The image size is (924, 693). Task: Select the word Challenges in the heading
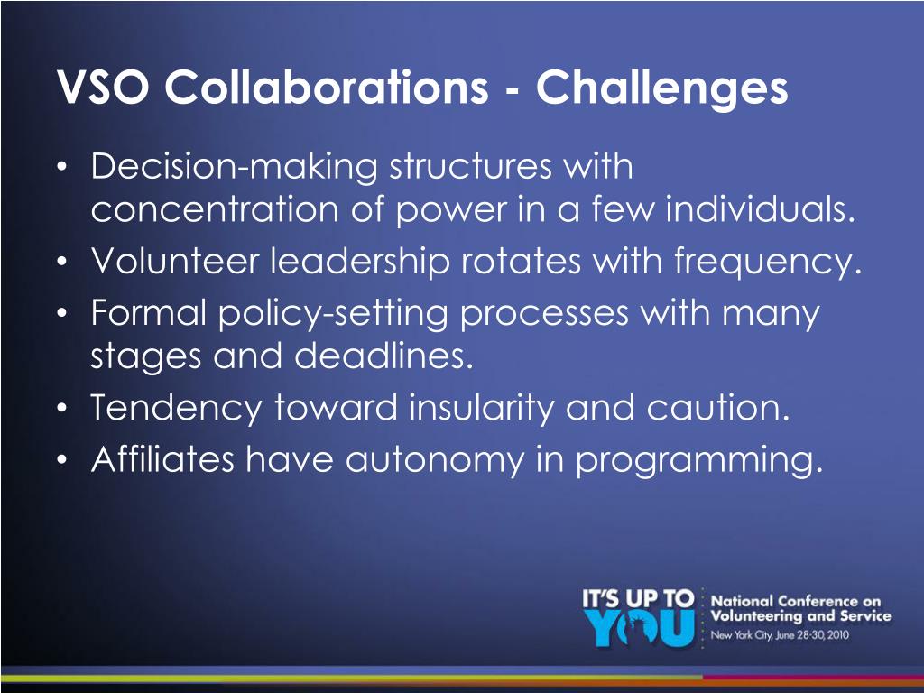tap(661, 88)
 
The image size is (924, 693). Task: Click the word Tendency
tap(174, 409)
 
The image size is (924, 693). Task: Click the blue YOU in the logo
tap(639, 629)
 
